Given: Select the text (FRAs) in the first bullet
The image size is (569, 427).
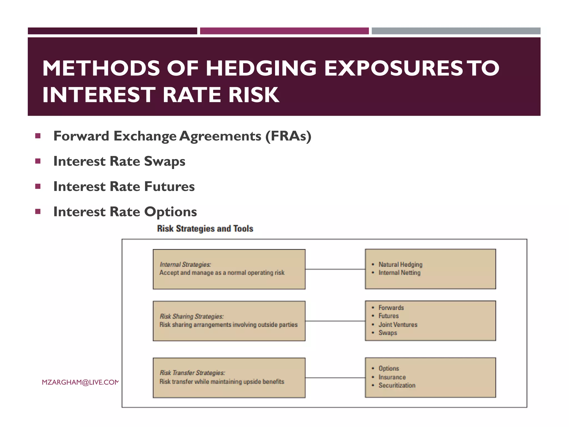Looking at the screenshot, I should pos(288,136).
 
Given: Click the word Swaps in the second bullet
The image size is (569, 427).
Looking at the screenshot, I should pos(164,162).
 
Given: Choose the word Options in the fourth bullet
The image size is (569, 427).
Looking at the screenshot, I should pos(170,212).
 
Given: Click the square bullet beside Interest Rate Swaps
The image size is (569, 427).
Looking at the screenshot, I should pos(38,161).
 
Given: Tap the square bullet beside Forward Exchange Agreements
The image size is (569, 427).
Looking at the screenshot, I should pos(38,136).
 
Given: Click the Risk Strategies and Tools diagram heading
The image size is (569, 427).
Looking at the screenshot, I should pos(205,229).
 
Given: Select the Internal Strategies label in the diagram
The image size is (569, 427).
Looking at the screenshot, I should pos(185,264).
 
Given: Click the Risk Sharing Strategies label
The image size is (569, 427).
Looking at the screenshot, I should pos(192,316).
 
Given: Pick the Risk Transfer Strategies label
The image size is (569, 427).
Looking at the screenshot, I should pos(192,373).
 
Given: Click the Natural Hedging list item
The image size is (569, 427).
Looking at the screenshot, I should pos(400,264).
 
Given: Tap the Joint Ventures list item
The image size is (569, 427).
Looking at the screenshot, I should pos(398,324).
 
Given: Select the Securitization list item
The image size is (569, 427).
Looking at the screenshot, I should pos(397,385).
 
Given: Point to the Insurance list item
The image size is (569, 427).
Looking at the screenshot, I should pos(392,377).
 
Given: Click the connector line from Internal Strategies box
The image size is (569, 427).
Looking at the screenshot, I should pos(335,269).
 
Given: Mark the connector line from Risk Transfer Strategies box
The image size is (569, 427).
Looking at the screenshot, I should pos(335,378).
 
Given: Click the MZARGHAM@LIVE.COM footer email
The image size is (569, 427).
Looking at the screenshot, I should pos(80,382).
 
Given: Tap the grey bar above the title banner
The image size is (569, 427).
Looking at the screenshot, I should pos(456,31).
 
